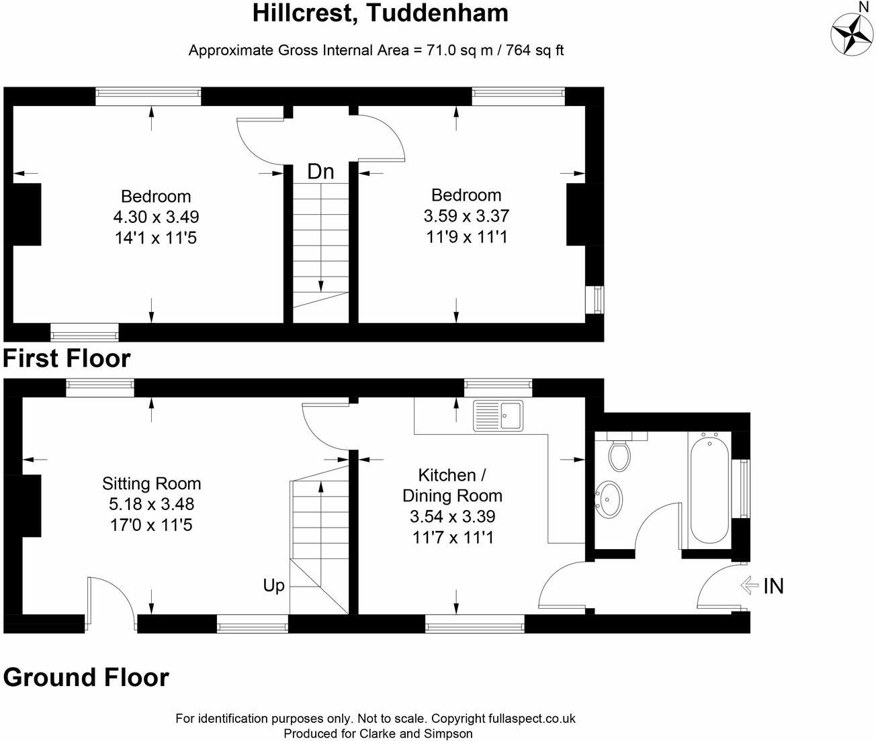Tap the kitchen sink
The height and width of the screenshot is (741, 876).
click(498, 415)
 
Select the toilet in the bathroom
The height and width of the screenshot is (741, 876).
click(619, 452)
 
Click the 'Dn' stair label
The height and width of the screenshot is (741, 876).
click(320, 172)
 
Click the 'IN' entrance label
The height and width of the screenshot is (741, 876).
click(773, 587)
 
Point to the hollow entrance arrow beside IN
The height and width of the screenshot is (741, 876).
click(749, 586)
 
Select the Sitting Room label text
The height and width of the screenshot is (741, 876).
click(151, 483)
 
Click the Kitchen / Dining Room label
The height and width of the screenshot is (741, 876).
click(453, 485)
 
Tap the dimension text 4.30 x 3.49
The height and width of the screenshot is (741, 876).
click(156, 217)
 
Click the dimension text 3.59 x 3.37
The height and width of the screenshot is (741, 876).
click(466, 216)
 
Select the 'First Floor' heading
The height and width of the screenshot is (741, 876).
click(67, 358)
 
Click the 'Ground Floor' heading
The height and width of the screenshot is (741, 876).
click(86, 677)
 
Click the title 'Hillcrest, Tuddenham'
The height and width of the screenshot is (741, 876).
click(380, 13)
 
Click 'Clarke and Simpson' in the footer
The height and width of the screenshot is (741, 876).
click(416, 734)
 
